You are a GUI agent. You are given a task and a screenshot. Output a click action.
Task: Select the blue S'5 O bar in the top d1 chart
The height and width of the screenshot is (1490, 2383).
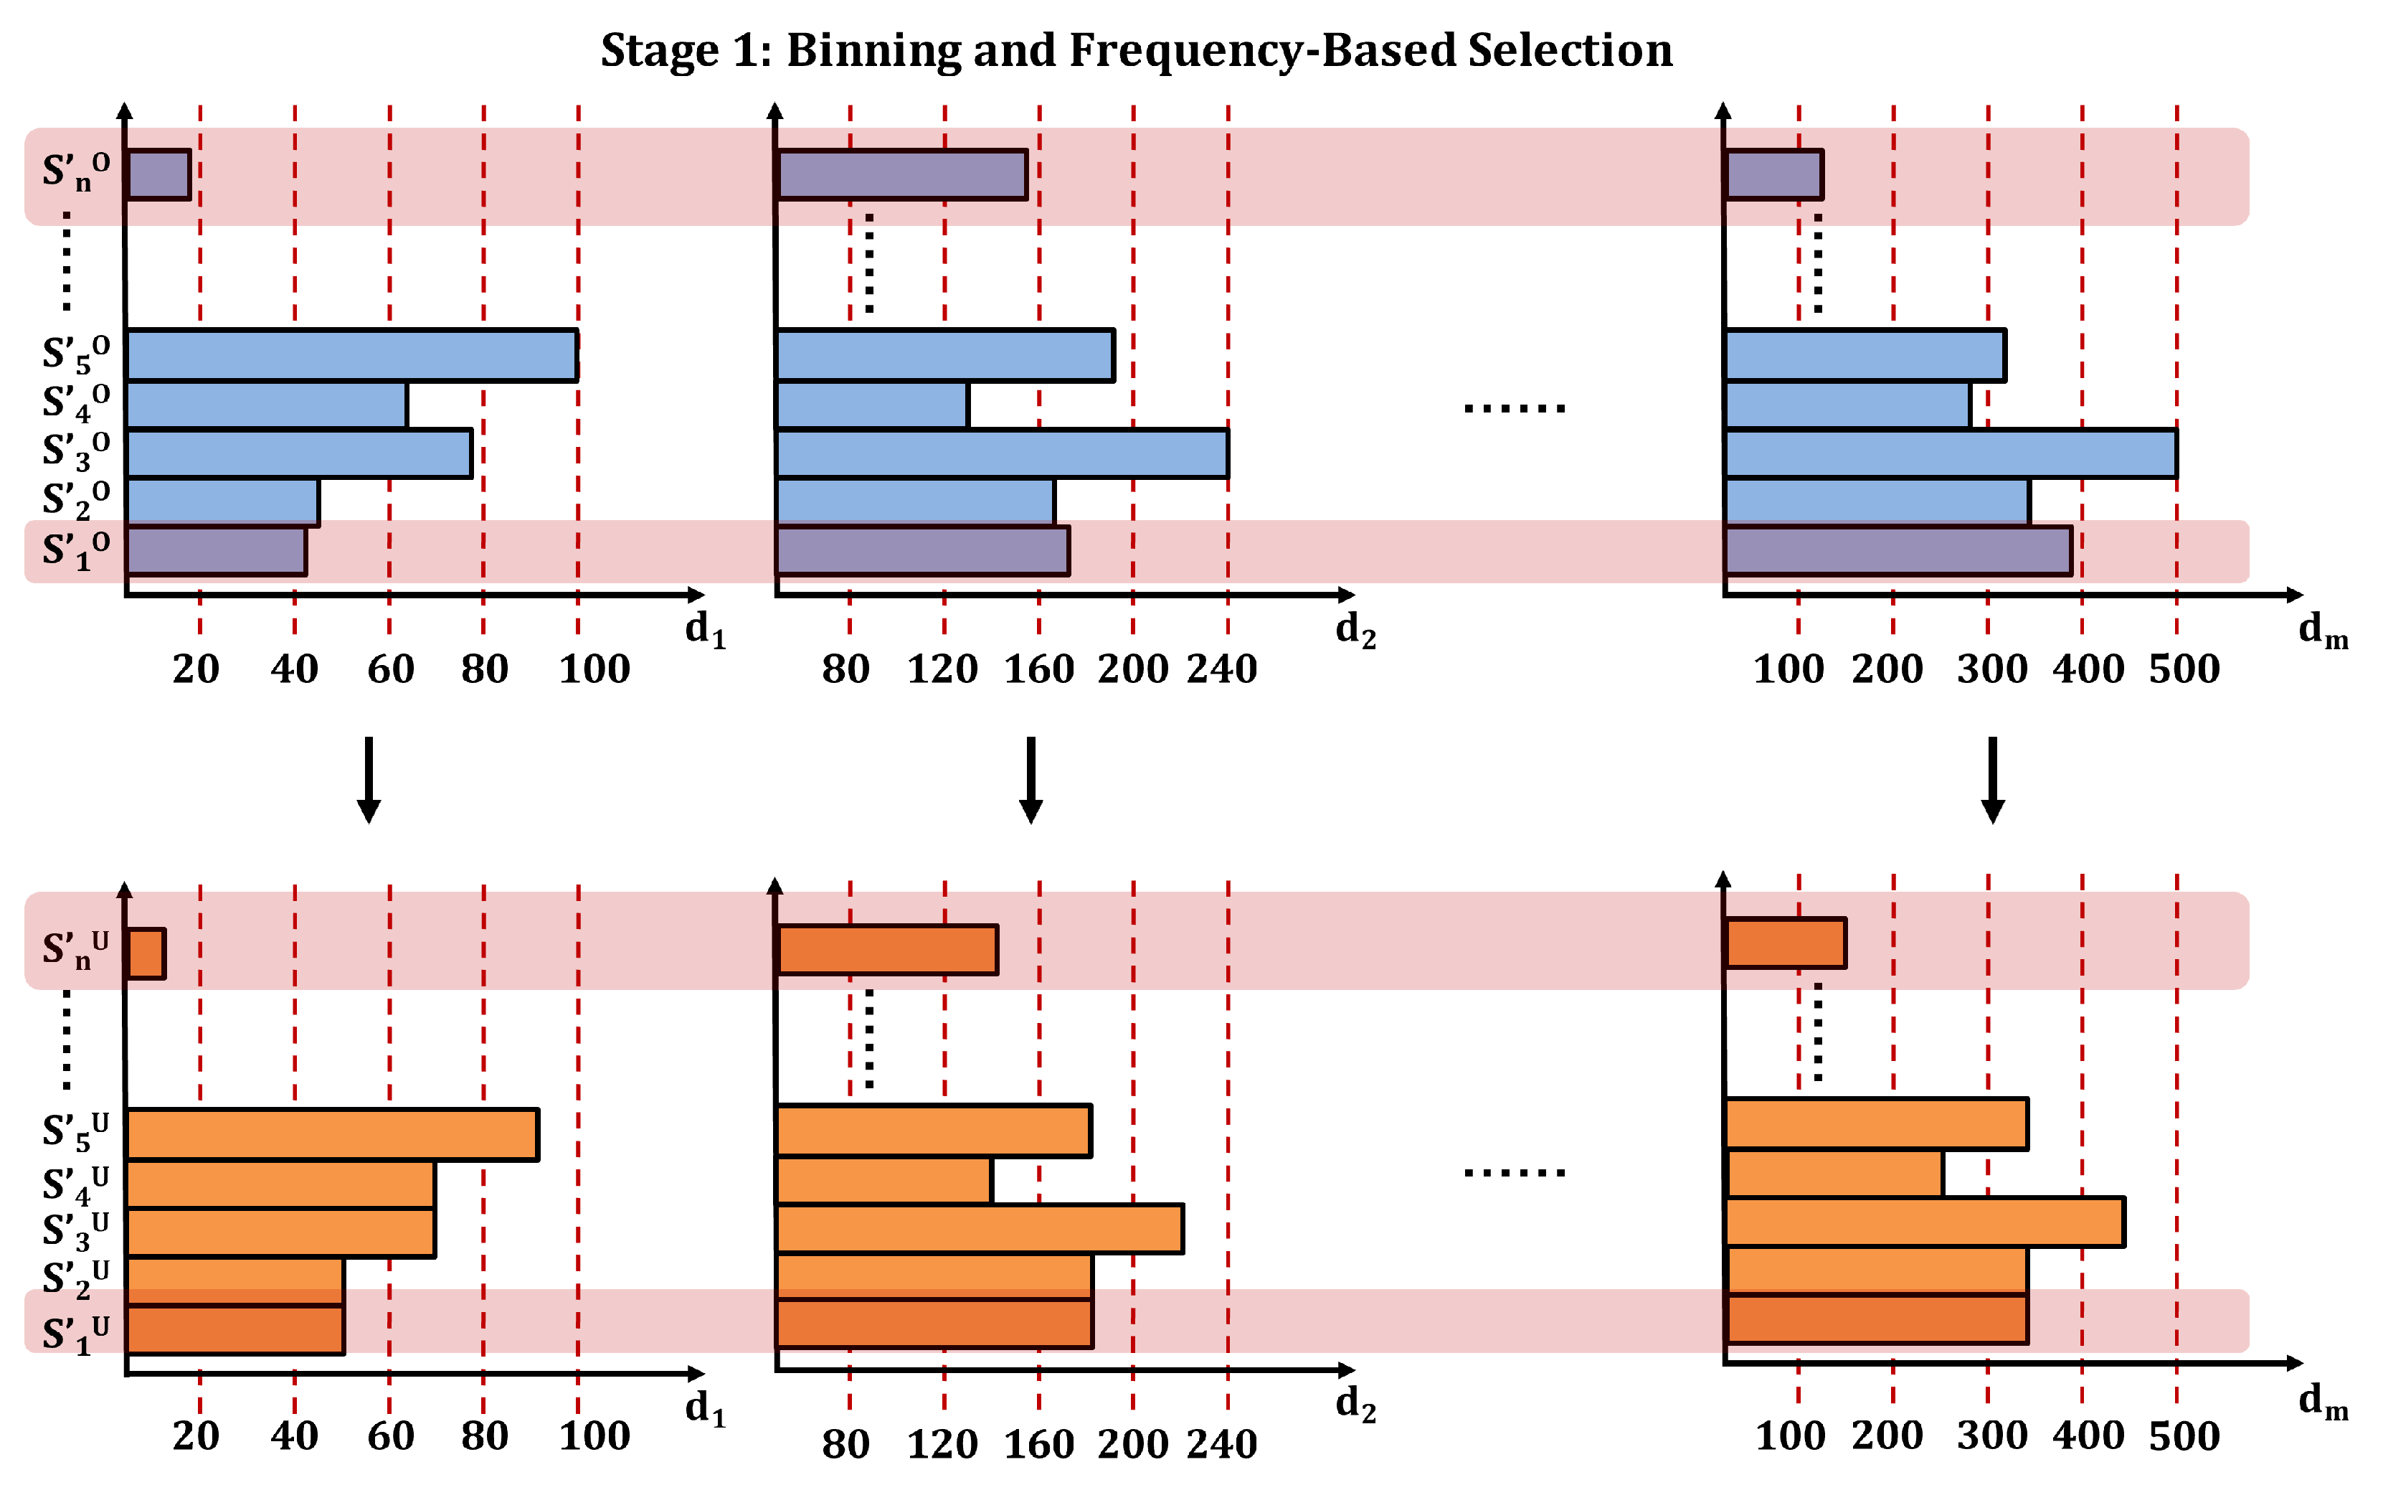(x=351, y=355)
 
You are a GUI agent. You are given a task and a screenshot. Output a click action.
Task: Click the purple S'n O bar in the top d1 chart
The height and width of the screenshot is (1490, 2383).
(x=158, y=174)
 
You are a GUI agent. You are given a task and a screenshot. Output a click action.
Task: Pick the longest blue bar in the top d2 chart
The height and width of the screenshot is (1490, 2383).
(x=1001, y=453)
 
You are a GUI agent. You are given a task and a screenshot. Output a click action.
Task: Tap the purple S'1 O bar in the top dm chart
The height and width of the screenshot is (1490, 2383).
(x=1898, y=550)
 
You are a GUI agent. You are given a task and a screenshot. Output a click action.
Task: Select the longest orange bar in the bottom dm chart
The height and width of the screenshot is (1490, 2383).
(x=1924, y=1221)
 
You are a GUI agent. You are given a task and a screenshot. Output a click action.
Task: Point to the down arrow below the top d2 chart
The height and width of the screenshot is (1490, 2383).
(x=1031, y=778)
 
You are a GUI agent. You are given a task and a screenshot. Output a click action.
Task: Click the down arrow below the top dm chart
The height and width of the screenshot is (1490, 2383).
(x=1992, y=778)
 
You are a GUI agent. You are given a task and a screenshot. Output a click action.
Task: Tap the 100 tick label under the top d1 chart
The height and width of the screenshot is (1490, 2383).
(x=594, y=669)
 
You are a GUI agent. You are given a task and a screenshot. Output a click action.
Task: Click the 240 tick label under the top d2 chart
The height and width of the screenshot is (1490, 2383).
(x=1221, y=669)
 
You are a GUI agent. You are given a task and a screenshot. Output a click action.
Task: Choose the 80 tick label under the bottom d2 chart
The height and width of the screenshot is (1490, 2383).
(x=845, y=1443)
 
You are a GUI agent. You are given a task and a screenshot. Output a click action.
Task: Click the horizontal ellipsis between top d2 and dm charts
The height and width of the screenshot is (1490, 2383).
(x=1514, y=407)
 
